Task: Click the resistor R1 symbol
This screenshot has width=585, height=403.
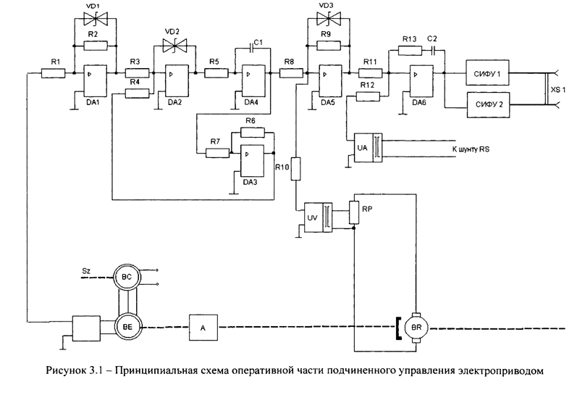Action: coord(52,72)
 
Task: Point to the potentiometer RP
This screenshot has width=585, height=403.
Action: coord(353,211)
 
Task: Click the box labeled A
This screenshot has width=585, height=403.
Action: coord(203,328)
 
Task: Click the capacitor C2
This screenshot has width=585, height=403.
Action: coord(432,51)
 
